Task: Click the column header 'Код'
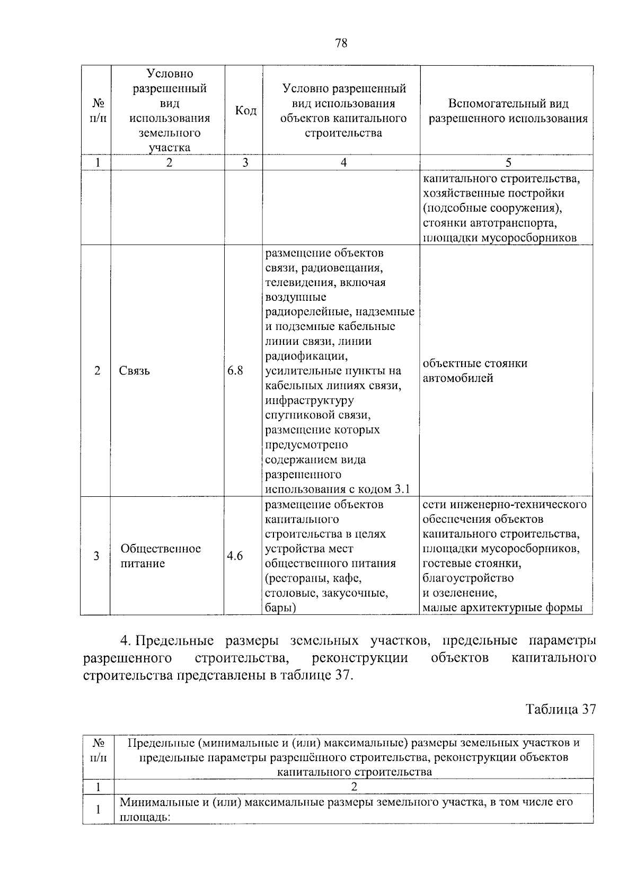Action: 245,111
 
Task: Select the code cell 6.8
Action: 235,371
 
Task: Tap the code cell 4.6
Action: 235,556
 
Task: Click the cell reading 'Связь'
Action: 135,371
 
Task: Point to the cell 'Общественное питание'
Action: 160,556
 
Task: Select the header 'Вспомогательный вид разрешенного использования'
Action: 508,111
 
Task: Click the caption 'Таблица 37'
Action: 561,709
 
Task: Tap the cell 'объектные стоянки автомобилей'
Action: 475,371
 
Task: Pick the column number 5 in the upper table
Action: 508,163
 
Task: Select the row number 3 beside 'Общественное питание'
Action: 96,556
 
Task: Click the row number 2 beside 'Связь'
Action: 97,371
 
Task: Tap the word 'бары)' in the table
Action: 280,608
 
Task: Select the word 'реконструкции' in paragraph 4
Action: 360,658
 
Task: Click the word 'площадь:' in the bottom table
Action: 144,817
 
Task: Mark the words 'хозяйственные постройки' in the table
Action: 493,193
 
